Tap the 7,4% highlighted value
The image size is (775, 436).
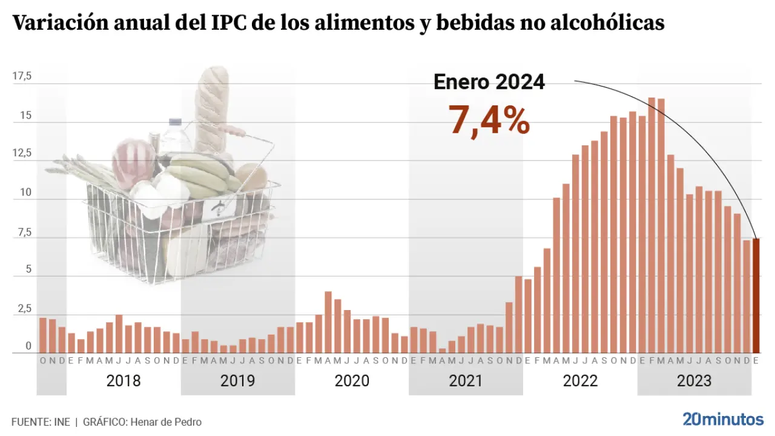click(489, 119)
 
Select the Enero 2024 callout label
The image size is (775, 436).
click(489, 82)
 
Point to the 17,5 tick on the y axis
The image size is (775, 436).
click(22, 76)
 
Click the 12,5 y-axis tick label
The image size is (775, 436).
click(22, 153)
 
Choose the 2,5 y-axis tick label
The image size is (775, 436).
click(23, 309)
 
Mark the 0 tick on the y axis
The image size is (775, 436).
click(28, 347)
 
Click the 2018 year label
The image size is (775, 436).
click(124, 381)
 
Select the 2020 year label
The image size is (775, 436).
click(352, 381)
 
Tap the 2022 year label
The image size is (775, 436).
click(580, 381)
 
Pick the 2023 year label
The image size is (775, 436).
click(694, 381)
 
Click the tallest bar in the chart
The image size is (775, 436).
click(651, 225)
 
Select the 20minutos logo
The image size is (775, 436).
click(723, 419)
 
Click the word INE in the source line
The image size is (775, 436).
click(62, 422)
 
